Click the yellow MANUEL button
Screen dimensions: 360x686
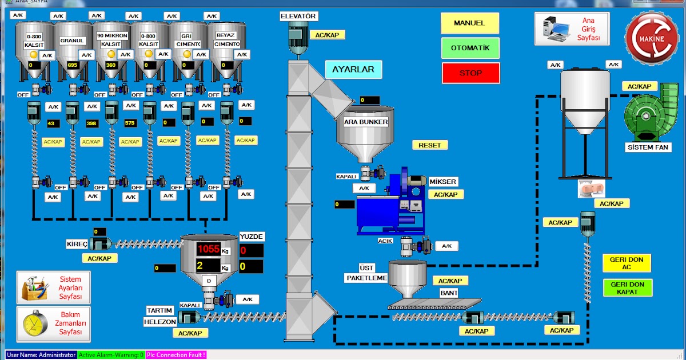coord(469,23)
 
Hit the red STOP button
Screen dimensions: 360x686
coord(470,73)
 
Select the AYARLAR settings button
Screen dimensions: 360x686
coord(353,70)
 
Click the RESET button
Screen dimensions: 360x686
coord(430,145)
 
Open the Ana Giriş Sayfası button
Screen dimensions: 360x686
coord(572,29)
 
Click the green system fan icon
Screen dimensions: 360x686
coord(651,112)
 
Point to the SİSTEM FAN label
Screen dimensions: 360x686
coord(648,147)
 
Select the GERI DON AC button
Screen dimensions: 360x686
coord(627,263)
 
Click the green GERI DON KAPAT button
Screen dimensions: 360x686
coord(627,288)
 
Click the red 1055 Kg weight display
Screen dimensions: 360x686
coord(209,249)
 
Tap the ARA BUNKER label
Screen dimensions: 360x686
coord(366,122)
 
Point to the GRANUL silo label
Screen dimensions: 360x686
coord(73,41)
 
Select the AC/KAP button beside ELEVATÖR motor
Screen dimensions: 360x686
coord(328,35)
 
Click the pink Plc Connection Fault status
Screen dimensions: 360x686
coord(176,355)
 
